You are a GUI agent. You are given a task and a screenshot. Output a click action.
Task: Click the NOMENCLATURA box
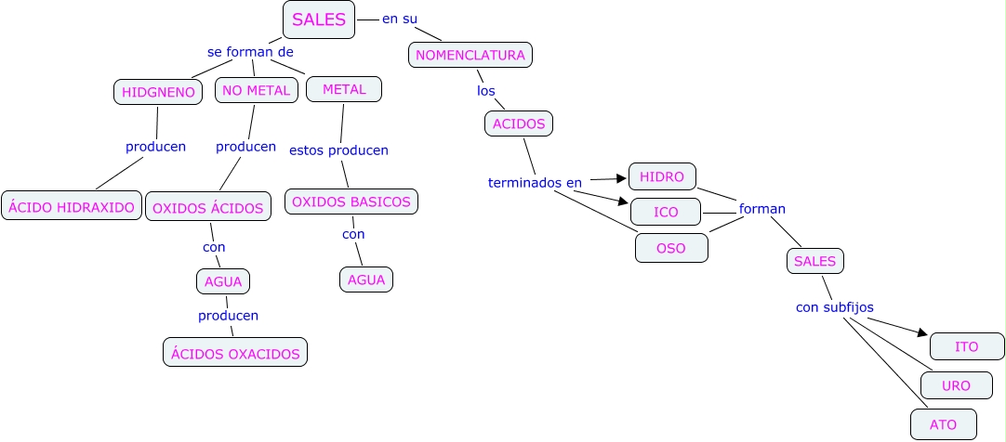(x=470, y=55)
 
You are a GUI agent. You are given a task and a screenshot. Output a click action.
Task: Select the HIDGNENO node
(x=158, y=92)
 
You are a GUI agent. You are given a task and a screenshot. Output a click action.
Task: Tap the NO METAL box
(x=257, y=90)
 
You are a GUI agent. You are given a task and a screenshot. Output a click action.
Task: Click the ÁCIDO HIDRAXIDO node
(x=72, y=207)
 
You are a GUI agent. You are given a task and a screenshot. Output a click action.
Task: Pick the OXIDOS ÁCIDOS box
(x=208, y=208)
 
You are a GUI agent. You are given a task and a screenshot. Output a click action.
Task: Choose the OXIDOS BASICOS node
(x=351, y=201)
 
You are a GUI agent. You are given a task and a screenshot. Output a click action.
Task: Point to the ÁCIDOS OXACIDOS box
(x=234, y=353)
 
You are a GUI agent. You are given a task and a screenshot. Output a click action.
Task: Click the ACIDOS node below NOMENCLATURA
(x=519, y=123)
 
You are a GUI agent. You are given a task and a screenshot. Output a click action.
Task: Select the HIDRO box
(x=662, y=176)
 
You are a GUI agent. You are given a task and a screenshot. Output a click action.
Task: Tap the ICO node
(x=666, y=213)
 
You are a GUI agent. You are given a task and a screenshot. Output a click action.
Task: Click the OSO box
(x=671, y=248)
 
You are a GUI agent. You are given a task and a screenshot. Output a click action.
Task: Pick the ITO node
(x=967, y=346)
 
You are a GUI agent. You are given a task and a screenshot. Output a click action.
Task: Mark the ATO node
(x=943, y=423)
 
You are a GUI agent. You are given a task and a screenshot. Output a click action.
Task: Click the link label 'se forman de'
(x=250, y=52)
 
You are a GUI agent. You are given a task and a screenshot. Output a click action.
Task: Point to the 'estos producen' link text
(x=338, y=149)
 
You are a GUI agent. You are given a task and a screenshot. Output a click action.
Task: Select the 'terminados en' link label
(x=535, y=183)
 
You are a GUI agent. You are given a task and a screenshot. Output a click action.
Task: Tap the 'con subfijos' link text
(x=834, y=306)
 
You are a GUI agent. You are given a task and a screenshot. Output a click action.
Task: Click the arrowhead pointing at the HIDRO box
(x=622, y=178)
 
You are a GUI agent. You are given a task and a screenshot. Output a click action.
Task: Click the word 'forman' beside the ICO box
(x=761, y=209)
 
